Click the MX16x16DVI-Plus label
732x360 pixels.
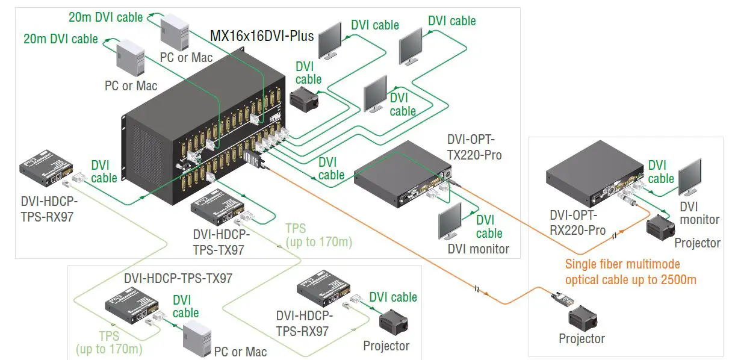coord(262,36)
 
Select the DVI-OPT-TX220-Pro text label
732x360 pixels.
coord(474,147)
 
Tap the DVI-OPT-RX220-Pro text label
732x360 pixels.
coord(577,222)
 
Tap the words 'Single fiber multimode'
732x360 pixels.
coord(622,264)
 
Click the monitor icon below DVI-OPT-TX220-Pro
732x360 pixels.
coord(450,222)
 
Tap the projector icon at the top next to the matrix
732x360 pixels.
coord(306,98)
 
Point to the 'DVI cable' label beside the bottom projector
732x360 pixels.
coord(392,297)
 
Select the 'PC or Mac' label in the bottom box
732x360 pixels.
coord(240,351)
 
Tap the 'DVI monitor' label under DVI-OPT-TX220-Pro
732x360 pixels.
coord(478,249)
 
